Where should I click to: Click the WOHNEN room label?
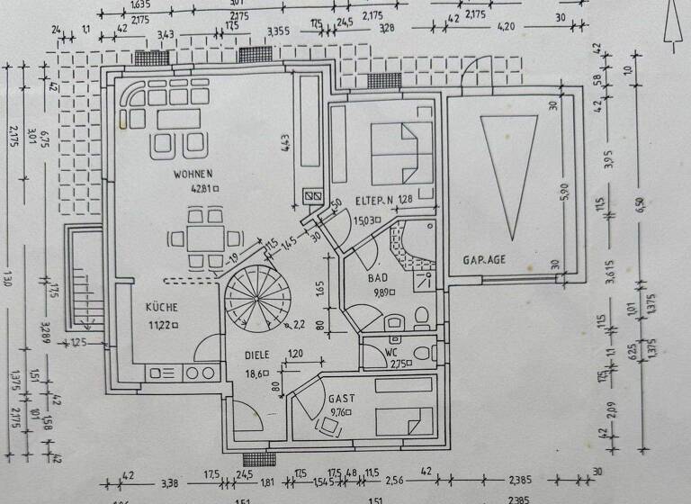tap(193, 173)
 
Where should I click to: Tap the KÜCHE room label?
tap(164, 307)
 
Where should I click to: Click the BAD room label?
tap(378, 279)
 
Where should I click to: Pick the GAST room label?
tap(341, 396)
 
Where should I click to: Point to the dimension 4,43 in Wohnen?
tap(283, 144)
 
